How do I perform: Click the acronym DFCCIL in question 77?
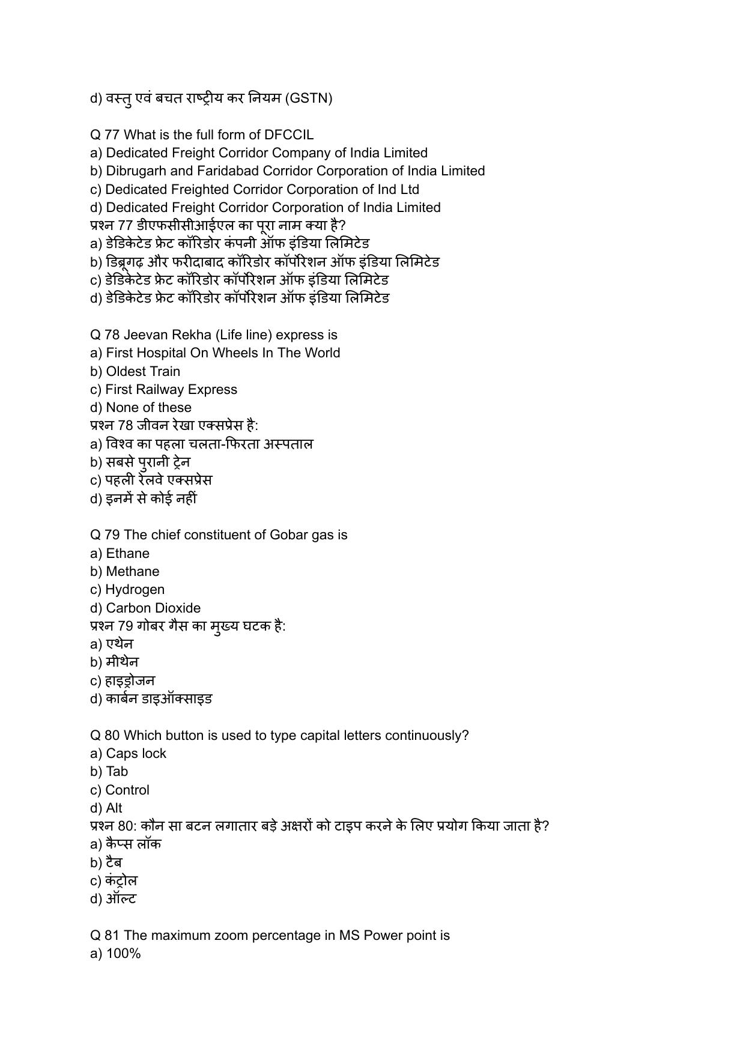[289, 135]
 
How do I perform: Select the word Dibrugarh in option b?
[135, 171]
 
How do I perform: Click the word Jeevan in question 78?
[144, 335]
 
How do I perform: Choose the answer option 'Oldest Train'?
[143, 371]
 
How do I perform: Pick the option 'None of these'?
[148, 407]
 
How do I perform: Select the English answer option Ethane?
[127, 553]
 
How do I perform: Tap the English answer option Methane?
[132, 571]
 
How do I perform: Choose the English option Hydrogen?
[135, 590]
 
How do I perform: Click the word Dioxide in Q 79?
[178, 608]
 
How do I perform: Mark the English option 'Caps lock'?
[136, 754]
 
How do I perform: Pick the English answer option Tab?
[117, 772]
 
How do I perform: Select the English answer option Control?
[127, 790]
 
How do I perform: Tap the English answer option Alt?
[114, 808]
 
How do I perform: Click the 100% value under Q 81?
[123, 954]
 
